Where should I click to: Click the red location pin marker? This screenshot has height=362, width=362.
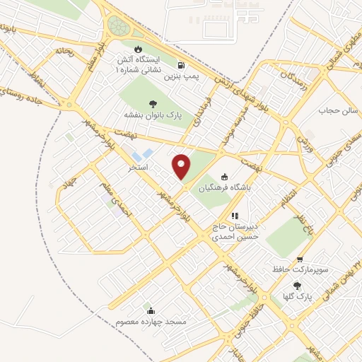[182, 168]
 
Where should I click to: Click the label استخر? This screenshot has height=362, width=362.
[137, 168]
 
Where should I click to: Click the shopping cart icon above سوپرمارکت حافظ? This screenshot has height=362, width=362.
[300, 259]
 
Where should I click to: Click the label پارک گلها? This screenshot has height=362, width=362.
[292, 296]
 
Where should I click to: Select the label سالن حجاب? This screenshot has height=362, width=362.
[337, 111]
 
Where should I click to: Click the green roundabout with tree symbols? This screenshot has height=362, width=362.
[120, 27]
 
